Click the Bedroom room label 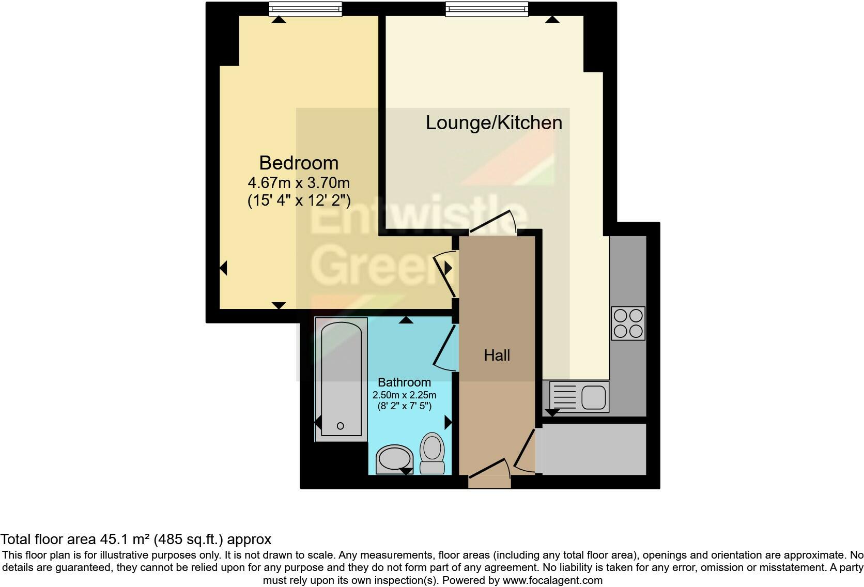click(x=299, y=163)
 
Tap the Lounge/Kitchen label click(x=493, y=122)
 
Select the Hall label click(x=497, y=355)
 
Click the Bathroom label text click(x=404, y=382)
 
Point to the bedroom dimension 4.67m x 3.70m click(x=299, y=183)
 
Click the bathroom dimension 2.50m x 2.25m click(x=404, y=395)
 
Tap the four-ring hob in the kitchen click(x=628, y=323)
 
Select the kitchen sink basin click(x=594, y=397)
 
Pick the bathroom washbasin click(x=394, y=458)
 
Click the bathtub click(x=341, y=380)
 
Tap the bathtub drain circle click(x=340, y=426)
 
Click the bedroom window click(x=306, y=9)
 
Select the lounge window click(x=487, y=9)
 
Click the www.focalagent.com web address click(x=552, y=580)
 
